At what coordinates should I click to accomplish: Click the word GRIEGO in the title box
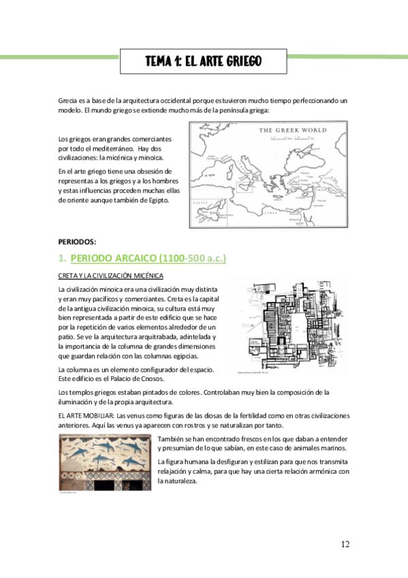pos(240,63)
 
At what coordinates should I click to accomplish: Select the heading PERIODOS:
pos(77,242)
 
